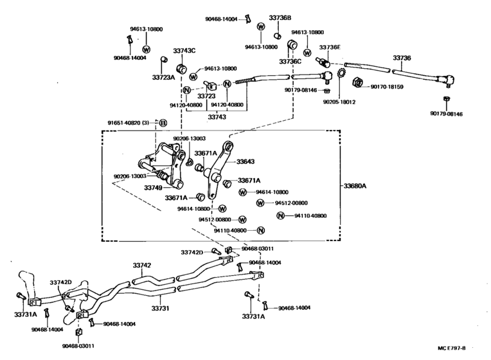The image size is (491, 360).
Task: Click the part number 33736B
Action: tap(280, 18)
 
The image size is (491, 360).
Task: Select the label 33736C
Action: tap(290, 62)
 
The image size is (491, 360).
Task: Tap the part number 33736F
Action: tap(330, 47)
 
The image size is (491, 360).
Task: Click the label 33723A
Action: tap(163, 77)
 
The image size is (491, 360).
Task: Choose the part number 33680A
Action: tap(354, 186)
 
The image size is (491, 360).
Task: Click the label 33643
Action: tap(245, 161)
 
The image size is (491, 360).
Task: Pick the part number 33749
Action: tap(153, 188)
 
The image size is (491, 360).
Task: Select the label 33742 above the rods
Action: tap(142, 265)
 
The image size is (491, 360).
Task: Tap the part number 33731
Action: tap(160, 309)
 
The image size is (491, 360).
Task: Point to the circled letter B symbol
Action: tap(163, 123)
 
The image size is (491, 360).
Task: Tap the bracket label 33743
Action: tap(217, 117)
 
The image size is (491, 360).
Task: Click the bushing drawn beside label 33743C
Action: tap(182, 69)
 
